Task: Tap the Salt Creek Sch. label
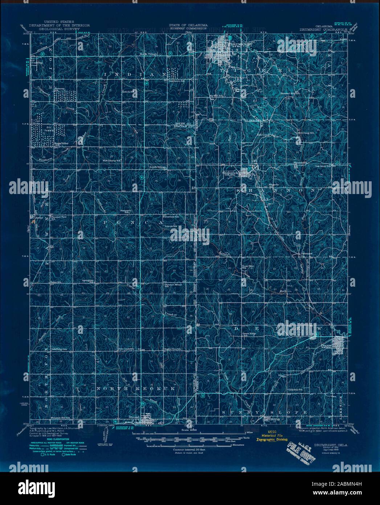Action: click(x=125, y=349)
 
